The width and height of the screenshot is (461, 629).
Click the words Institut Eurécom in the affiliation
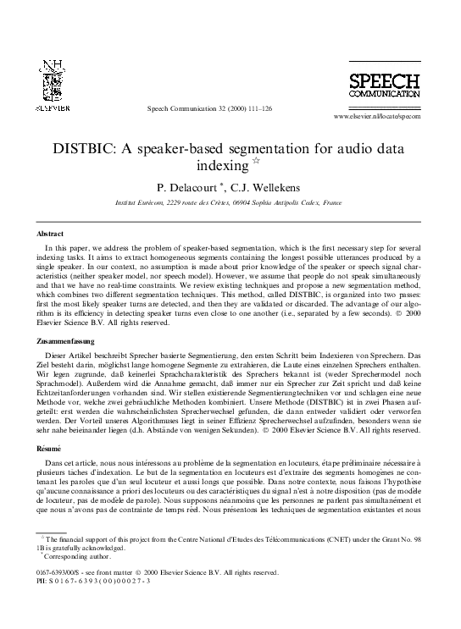(x=139, y=203)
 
